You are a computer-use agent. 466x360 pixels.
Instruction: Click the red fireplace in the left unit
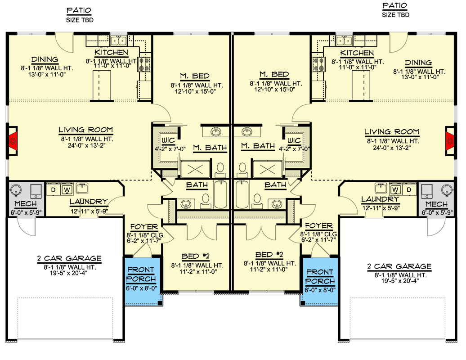pos(13,140)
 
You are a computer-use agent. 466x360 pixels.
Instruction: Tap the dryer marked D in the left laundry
pos(53,189)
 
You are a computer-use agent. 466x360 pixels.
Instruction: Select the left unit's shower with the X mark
pos(195,168)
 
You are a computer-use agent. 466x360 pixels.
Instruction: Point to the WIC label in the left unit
pos(169,141)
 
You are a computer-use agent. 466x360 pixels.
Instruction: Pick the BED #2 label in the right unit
pos(269,255)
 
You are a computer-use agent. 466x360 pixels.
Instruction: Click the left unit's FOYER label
pos(144,227)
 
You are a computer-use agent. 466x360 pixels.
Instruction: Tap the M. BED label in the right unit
pos(274,75)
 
